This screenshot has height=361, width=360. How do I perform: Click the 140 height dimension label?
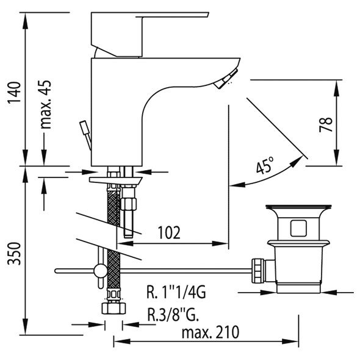pyautogui.click(x=15, y=93)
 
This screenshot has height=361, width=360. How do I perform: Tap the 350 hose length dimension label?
pyautogui.click(x=15, y=253)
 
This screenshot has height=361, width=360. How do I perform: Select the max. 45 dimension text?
pyautogui.click(x=45, y=104)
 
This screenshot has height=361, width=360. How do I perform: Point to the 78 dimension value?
pyautogui.click(x=326, y=124)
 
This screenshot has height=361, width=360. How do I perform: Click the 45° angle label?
pyautogui.click(x=265, y=165)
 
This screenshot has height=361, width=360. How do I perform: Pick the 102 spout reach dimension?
pyautogui.click(x=169, y=232)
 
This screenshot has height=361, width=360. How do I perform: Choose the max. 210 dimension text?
pyautogui.click(x=211, y=332)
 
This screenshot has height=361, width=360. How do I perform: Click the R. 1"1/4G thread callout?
pyautogui.click(x=176, y=292)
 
